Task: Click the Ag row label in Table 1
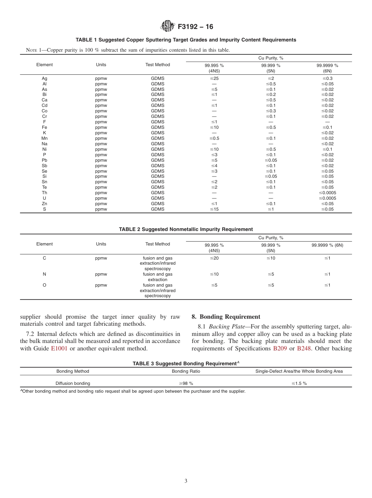pos(45,78)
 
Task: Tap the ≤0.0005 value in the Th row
pos(327,193)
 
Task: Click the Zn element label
pos(45,204)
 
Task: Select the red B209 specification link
pos(280,348)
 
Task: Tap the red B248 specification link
pos(304,348)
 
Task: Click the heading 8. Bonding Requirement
pos(226,317)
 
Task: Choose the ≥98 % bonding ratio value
pos(186,383)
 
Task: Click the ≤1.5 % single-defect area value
pos(299,383)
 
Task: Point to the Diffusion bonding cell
pos(73,383)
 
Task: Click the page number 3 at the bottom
pos(186,481)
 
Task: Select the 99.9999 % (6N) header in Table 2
pos(327,245)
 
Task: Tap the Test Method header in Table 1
pos(158,65)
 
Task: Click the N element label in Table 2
pos(45,274)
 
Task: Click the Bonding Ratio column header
pos(186,371)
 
